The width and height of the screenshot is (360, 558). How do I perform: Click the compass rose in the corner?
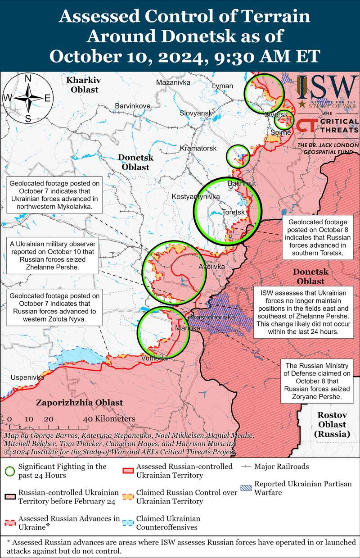(x=27, y=98)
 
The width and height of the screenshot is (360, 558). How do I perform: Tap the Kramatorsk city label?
(x=198, y=148)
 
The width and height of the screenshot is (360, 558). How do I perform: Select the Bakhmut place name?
(x=242, y=184)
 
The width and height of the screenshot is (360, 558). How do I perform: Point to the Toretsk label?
(x=233, y=212)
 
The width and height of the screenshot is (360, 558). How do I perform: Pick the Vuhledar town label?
(x=155, y=358)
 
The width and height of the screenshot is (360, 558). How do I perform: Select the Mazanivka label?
(x=173, y=82)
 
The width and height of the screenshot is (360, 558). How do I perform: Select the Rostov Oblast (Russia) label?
(x=332, y=424)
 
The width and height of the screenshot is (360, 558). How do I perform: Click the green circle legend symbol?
(x=10, y=471)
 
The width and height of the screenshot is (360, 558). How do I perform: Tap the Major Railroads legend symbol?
(x=246, y=467)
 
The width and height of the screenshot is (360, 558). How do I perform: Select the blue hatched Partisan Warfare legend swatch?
(x=246, y=488)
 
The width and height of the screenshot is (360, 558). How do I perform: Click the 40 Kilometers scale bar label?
(x=109, y=419)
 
